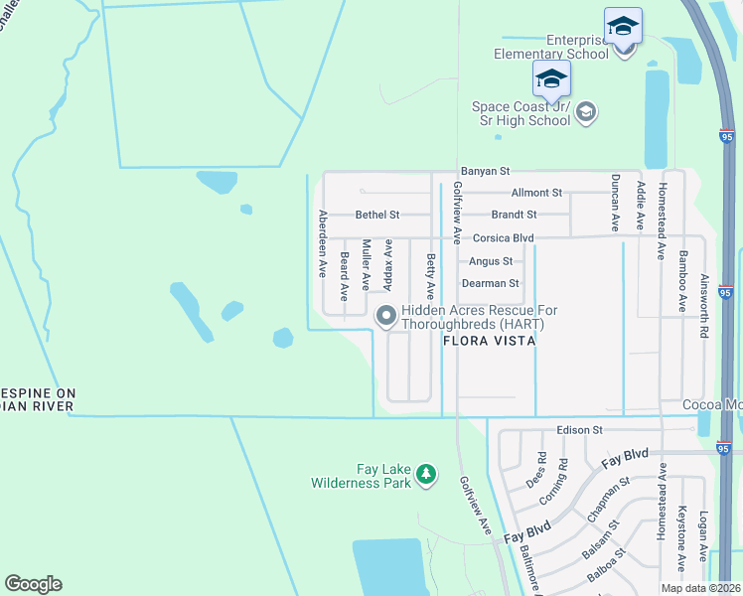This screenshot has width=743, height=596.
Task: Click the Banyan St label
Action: click(x=484, y=172)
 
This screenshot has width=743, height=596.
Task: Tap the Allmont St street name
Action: click(x=536, y=193)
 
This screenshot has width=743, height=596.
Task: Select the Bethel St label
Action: click(x=377, y=215)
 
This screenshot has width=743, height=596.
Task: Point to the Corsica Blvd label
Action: click(x=503, y=238)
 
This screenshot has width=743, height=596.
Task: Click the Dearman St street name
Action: click(x=491, y=284)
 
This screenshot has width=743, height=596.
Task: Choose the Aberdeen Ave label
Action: click(x=322, y=242)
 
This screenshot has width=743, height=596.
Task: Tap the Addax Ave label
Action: click(x=387, y=264)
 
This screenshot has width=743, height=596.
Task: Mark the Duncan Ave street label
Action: click(x=616, y=203)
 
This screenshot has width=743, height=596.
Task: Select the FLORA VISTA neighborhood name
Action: click(x=490, y=341)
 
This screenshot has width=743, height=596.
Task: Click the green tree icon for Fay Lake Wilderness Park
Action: click(x=426, y=474)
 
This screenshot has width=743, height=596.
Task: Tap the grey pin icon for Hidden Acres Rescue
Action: click(x=385, y=317)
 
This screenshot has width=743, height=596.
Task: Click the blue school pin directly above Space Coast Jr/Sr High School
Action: click(x=551, y=79)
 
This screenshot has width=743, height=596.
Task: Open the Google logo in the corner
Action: click(x=33, y=584)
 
